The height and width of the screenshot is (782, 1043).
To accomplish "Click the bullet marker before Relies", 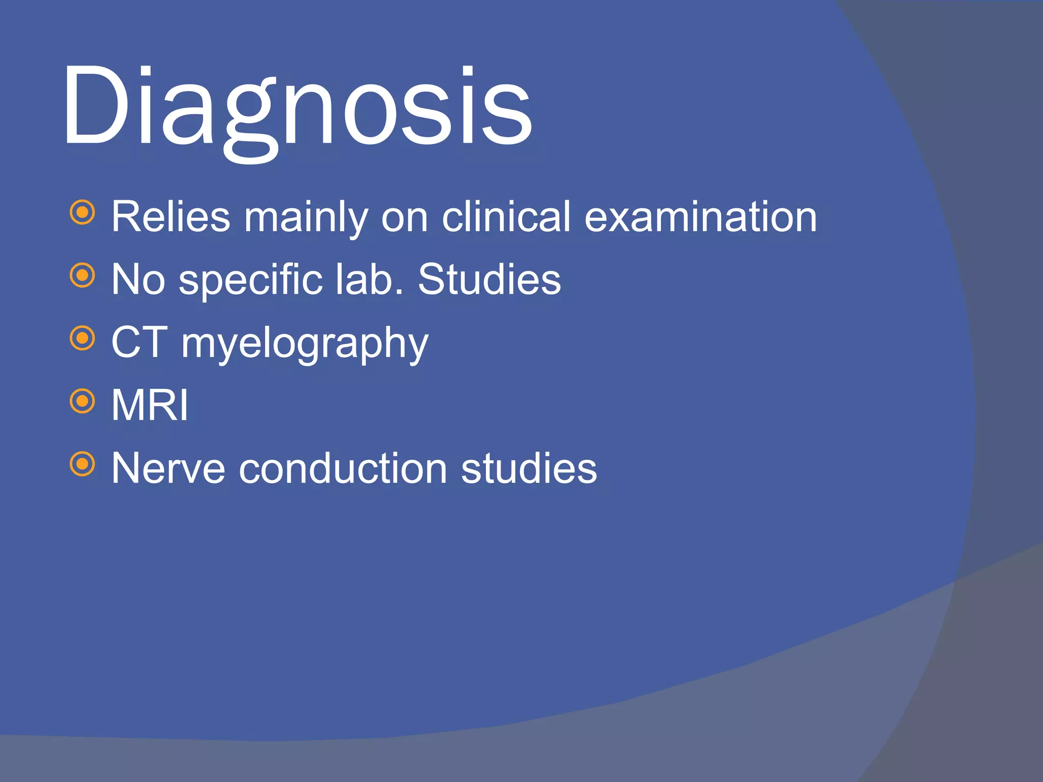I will pos(83,212).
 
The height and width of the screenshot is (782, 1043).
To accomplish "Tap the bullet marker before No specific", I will pos(83,275).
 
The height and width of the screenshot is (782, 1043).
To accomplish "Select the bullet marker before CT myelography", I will pos(83,339).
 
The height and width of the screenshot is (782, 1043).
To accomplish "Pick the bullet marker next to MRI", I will pos(83,401).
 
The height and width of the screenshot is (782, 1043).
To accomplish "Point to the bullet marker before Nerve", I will pos(83,464).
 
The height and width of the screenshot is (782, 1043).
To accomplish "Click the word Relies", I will pos(171,217).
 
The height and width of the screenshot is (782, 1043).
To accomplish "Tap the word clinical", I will pos(506,217).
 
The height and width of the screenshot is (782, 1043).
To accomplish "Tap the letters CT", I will pos(139,342).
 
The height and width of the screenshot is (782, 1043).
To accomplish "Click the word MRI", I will pos(150,405).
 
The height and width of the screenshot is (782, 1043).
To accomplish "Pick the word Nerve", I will pos(168,468).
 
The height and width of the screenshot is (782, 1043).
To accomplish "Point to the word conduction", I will pos(343,468).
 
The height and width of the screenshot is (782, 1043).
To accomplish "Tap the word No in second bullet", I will pos(138,280).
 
